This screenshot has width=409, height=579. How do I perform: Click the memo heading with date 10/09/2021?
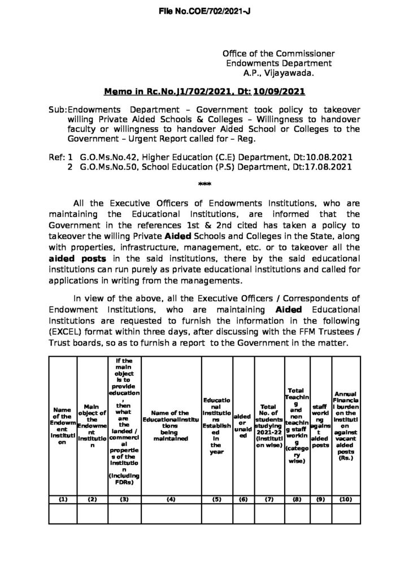[x=204, y=92]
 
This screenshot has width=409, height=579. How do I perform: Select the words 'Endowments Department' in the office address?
[x=279, y=63]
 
